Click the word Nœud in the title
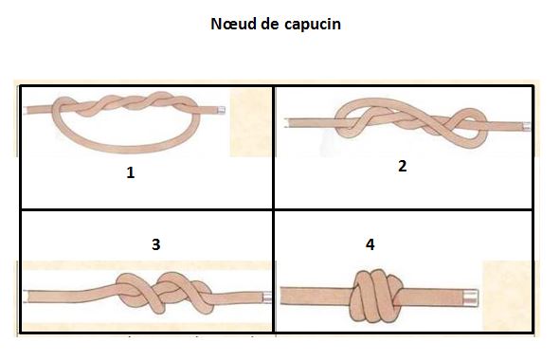(x=235, y=24)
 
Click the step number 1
(x=131, y=173)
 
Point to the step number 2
(x=403, y=166)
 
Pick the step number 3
(x=155, y=243)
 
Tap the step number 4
(x=370, y=244)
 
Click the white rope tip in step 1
(x=218, y=111)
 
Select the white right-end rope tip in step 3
(x=268, y=297)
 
